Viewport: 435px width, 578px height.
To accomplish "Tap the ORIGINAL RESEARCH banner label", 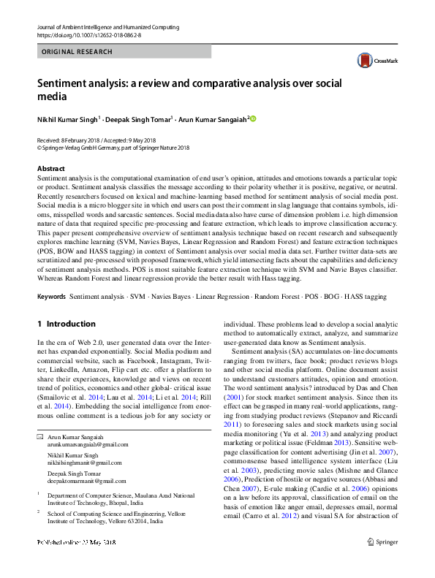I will coord(77,52).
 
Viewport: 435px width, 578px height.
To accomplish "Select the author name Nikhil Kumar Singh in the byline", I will coord(67,118).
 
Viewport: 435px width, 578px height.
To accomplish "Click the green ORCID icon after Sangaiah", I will coord(254,118).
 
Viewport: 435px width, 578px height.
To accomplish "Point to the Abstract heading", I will coord(50,169).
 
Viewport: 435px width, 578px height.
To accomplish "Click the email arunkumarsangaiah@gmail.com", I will coord(83,424).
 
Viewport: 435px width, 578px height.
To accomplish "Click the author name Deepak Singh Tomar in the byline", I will coord(137,118).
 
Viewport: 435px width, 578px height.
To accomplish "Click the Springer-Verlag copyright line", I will coord(113,147).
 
